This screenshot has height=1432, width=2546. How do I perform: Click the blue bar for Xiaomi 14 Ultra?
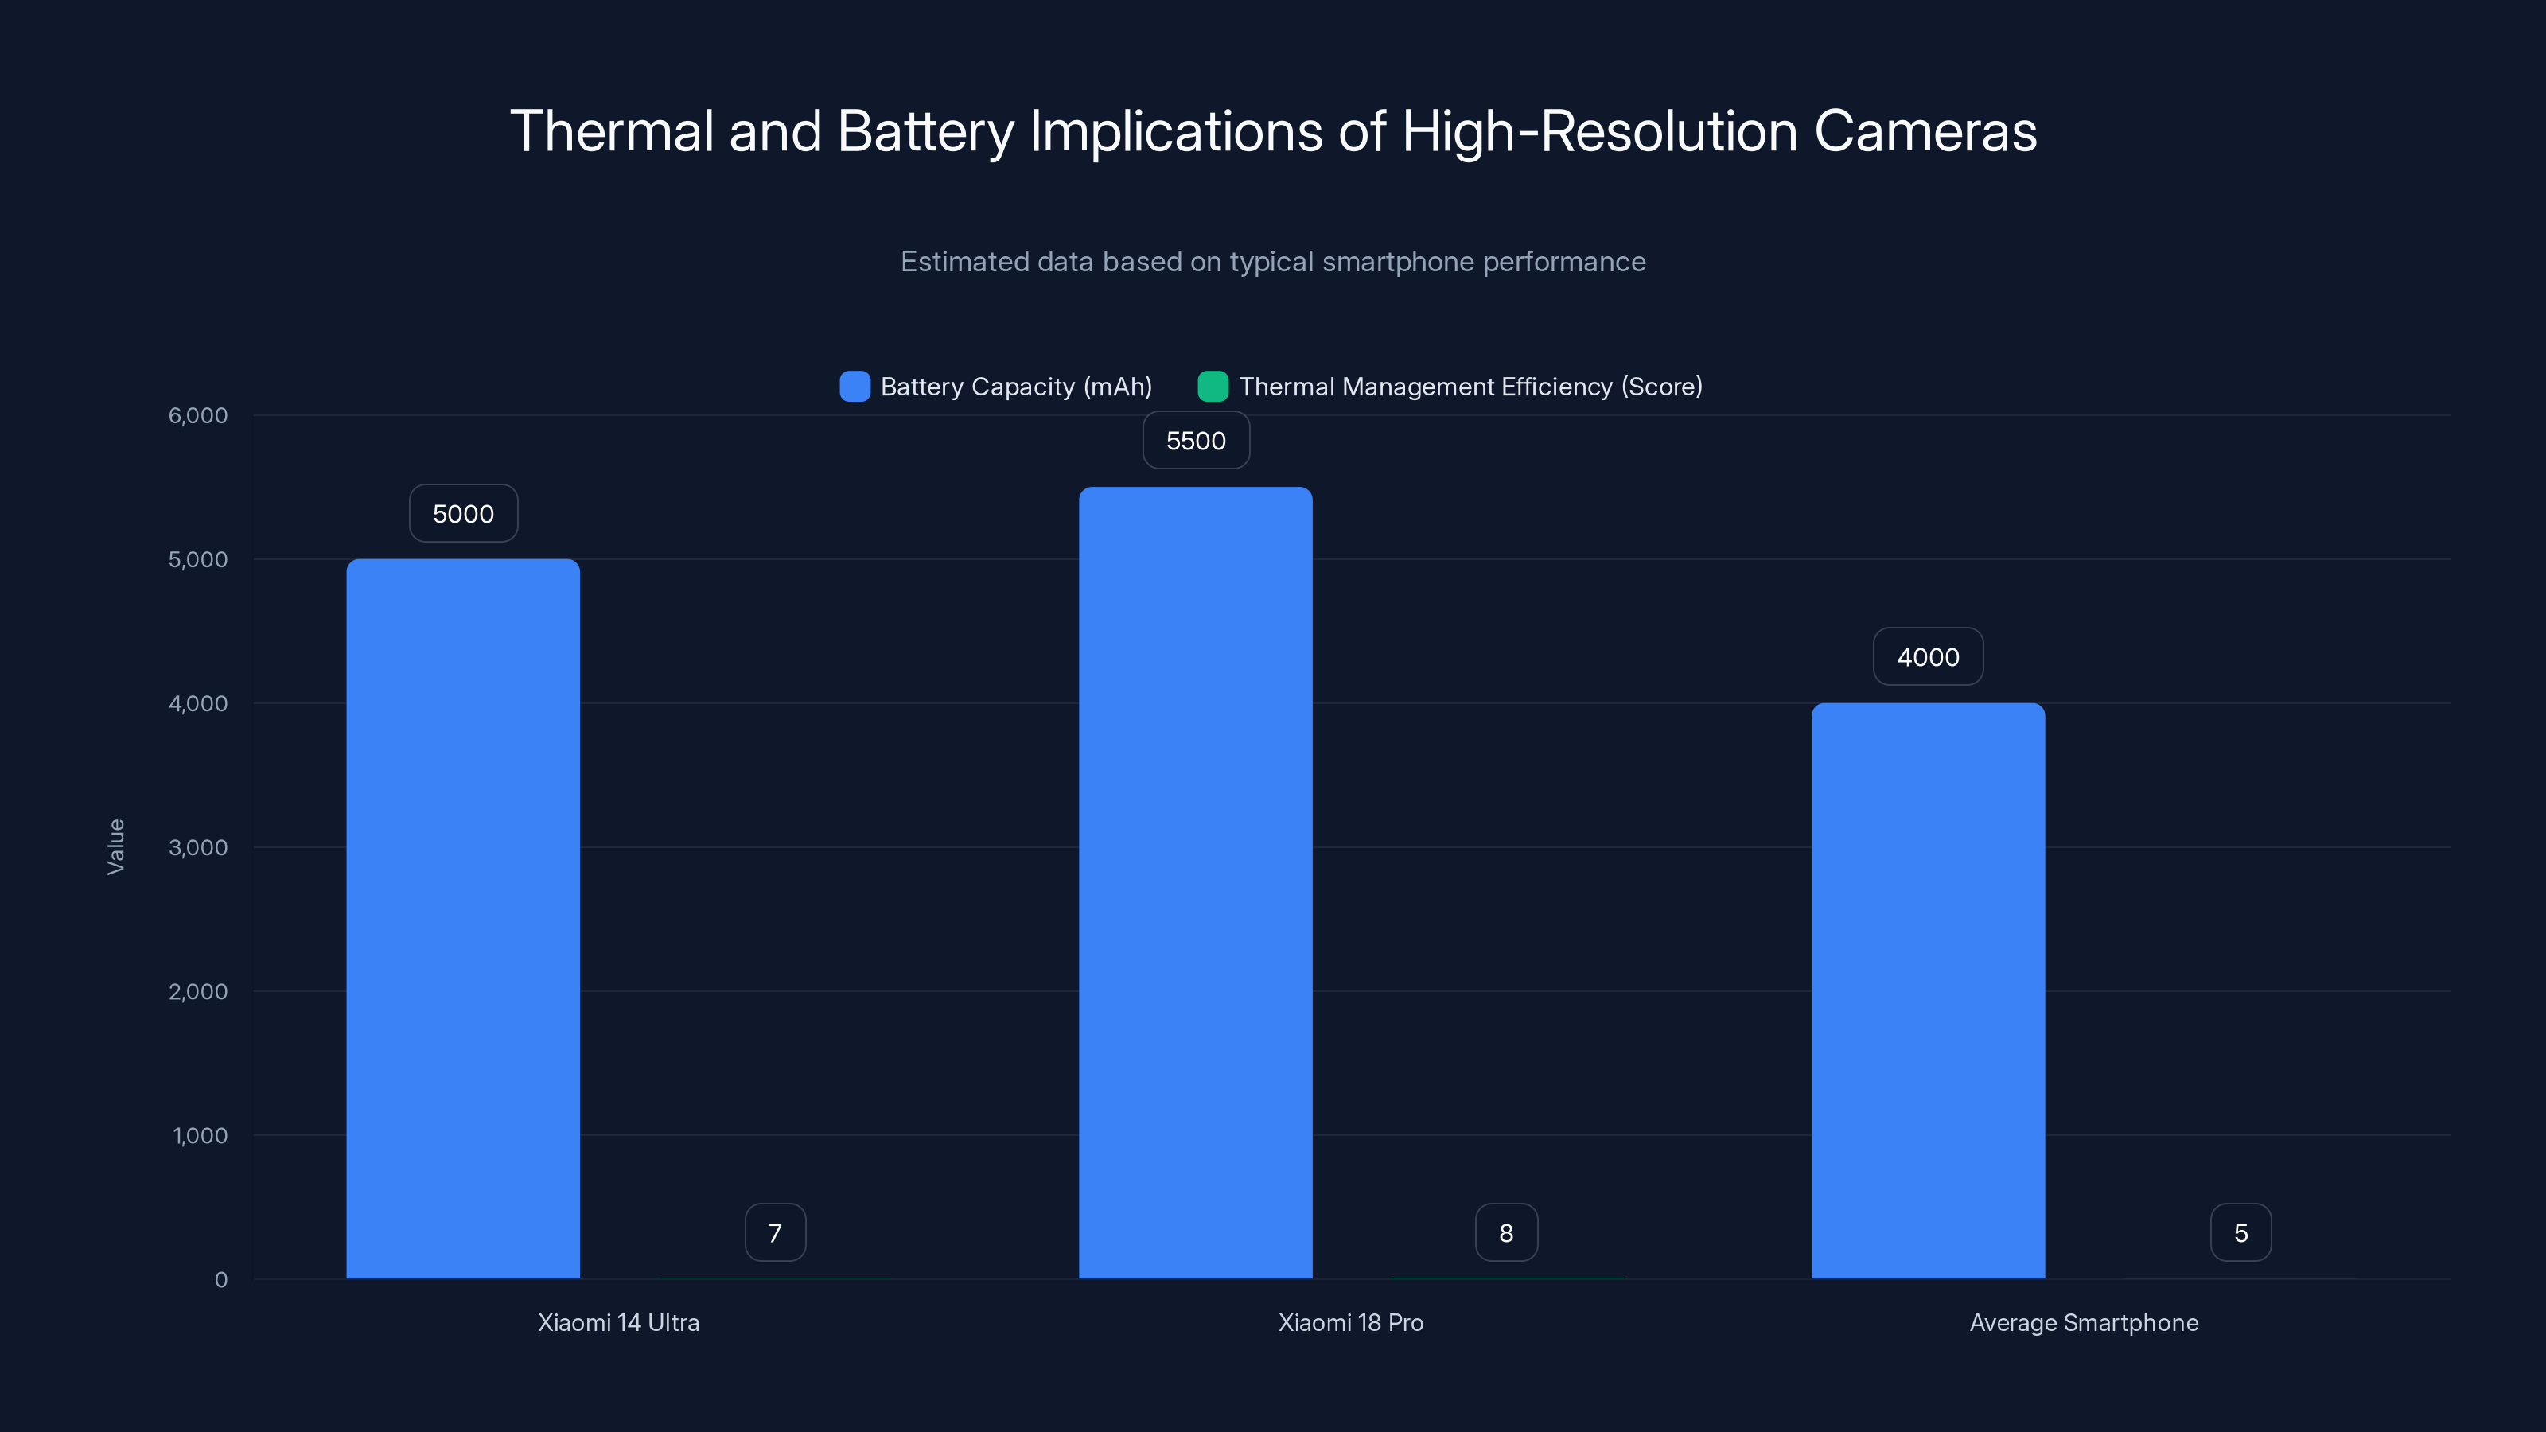462,919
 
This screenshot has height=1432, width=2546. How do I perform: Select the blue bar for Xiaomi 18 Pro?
1195,882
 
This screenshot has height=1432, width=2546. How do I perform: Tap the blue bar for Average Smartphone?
1927,990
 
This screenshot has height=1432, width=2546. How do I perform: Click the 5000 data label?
462,514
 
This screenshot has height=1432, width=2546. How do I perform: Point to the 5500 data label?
1195,441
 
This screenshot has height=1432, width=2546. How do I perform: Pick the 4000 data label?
1927,657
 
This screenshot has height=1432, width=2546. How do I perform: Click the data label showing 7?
775,1232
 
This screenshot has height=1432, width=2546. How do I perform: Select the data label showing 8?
1505,1232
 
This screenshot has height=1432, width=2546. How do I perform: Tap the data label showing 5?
2240,1232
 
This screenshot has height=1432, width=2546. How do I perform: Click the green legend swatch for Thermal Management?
1212,387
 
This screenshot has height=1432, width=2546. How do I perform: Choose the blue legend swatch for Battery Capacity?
854,387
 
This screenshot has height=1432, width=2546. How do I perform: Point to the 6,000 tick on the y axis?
197,416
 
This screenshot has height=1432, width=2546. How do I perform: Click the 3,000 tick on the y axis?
197,848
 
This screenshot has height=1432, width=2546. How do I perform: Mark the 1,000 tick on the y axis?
200,1135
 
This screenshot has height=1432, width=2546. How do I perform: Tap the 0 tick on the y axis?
220,1280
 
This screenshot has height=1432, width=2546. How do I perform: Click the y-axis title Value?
115,846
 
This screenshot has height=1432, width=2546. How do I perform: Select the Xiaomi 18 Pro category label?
1350,1322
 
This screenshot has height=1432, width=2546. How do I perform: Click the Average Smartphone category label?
2084,1322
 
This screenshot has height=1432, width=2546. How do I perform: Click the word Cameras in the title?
1925,131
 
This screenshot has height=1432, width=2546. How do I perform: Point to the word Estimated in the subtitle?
964,262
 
